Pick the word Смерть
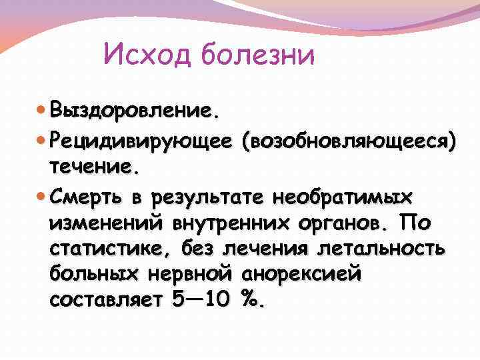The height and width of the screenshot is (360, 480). [x=86, y=198]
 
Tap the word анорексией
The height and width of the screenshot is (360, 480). [x=298, y=274]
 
